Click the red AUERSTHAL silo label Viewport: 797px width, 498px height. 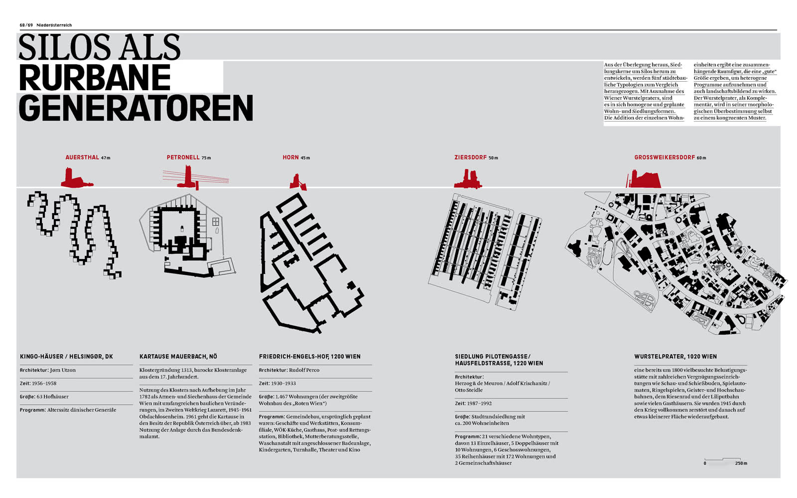pyautogui.click(x=82, y=157)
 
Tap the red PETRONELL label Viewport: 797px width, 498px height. pyautogui.click(x=183, y=157)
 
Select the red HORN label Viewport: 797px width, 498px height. pyautogui.click(x=291, y=157)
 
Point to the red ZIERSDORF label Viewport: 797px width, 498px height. pyautogui.click(x=470, y=157)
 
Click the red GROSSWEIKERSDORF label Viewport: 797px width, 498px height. pyautogui.click(x=664, y=157)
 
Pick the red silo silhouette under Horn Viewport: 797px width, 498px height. pyautogui.click(x=298, y=182)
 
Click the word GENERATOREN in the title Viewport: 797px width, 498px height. pyautogui.click(x=136, y=108)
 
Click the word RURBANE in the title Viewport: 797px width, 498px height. pyautogui.click(x=95, y=77)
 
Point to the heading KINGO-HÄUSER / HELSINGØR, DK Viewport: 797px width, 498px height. pyautogui.click(x=67, y=357)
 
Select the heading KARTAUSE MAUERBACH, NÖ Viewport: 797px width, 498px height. pyautogui.click(x=178, y=357)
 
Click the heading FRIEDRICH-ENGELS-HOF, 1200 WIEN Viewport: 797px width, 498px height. pyautogui.click(x=309, y=357)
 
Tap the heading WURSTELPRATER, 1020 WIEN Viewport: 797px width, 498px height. pyautogui.click(x=675, y=357)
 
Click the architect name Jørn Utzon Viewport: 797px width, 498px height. pyautogui.click(x=63, y=370)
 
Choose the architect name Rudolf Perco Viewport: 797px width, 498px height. pyautogui.click(x=304, y=370)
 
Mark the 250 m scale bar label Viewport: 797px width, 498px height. pyautogui.click(x=741, y=463)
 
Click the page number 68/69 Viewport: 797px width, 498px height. pyautogui.click(x=26, y=25)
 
